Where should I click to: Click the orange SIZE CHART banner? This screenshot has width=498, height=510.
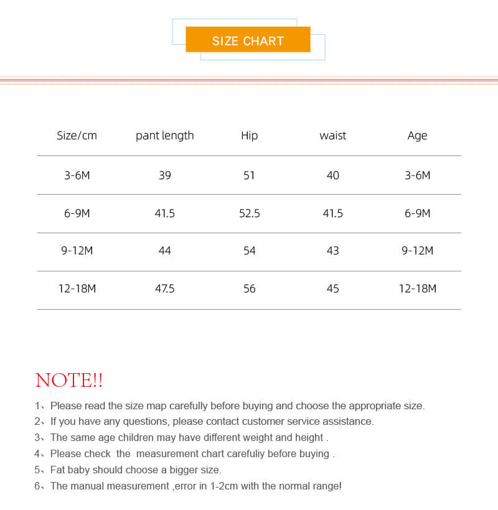(x=248, y=40)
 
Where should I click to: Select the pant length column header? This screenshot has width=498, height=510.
(x=165, y=136)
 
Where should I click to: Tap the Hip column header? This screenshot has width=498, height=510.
(x=249, y=136)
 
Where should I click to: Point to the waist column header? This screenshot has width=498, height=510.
(x=333, y=136)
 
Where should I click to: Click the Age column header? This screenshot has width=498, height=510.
(x=417, y=136)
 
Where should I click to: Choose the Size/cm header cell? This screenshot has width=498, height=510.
(x=77, y=136)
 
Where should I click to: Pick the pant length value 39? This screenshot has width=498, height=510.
(x=165, y=175)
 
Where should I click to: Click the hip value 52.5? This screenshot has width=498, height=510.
(x=249, y=213)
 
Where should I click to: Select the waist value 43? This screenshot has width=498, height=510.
(x=333, y=251)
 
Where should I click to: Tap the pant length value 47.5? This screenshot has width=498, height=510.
(x=165, y=289)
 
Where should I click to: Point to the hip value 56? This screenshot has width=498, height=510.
(x=249, y=289)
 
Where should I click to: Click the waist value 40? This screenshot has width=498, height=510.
(x=333, y=175)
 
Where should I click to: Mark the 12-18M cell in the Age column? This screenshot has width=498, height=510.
(x=417, y=289)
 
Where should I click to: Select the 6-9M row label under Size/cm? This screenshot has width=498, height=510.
(x=77, y=213)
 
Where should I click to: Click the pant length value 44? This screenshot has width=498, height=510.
(x=165, y=251)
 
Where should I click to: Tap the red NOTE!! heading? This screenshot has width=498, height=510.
(x=69, y=380)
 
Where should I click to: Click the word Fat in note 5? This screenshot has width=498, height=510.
(x=58, y=470)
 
